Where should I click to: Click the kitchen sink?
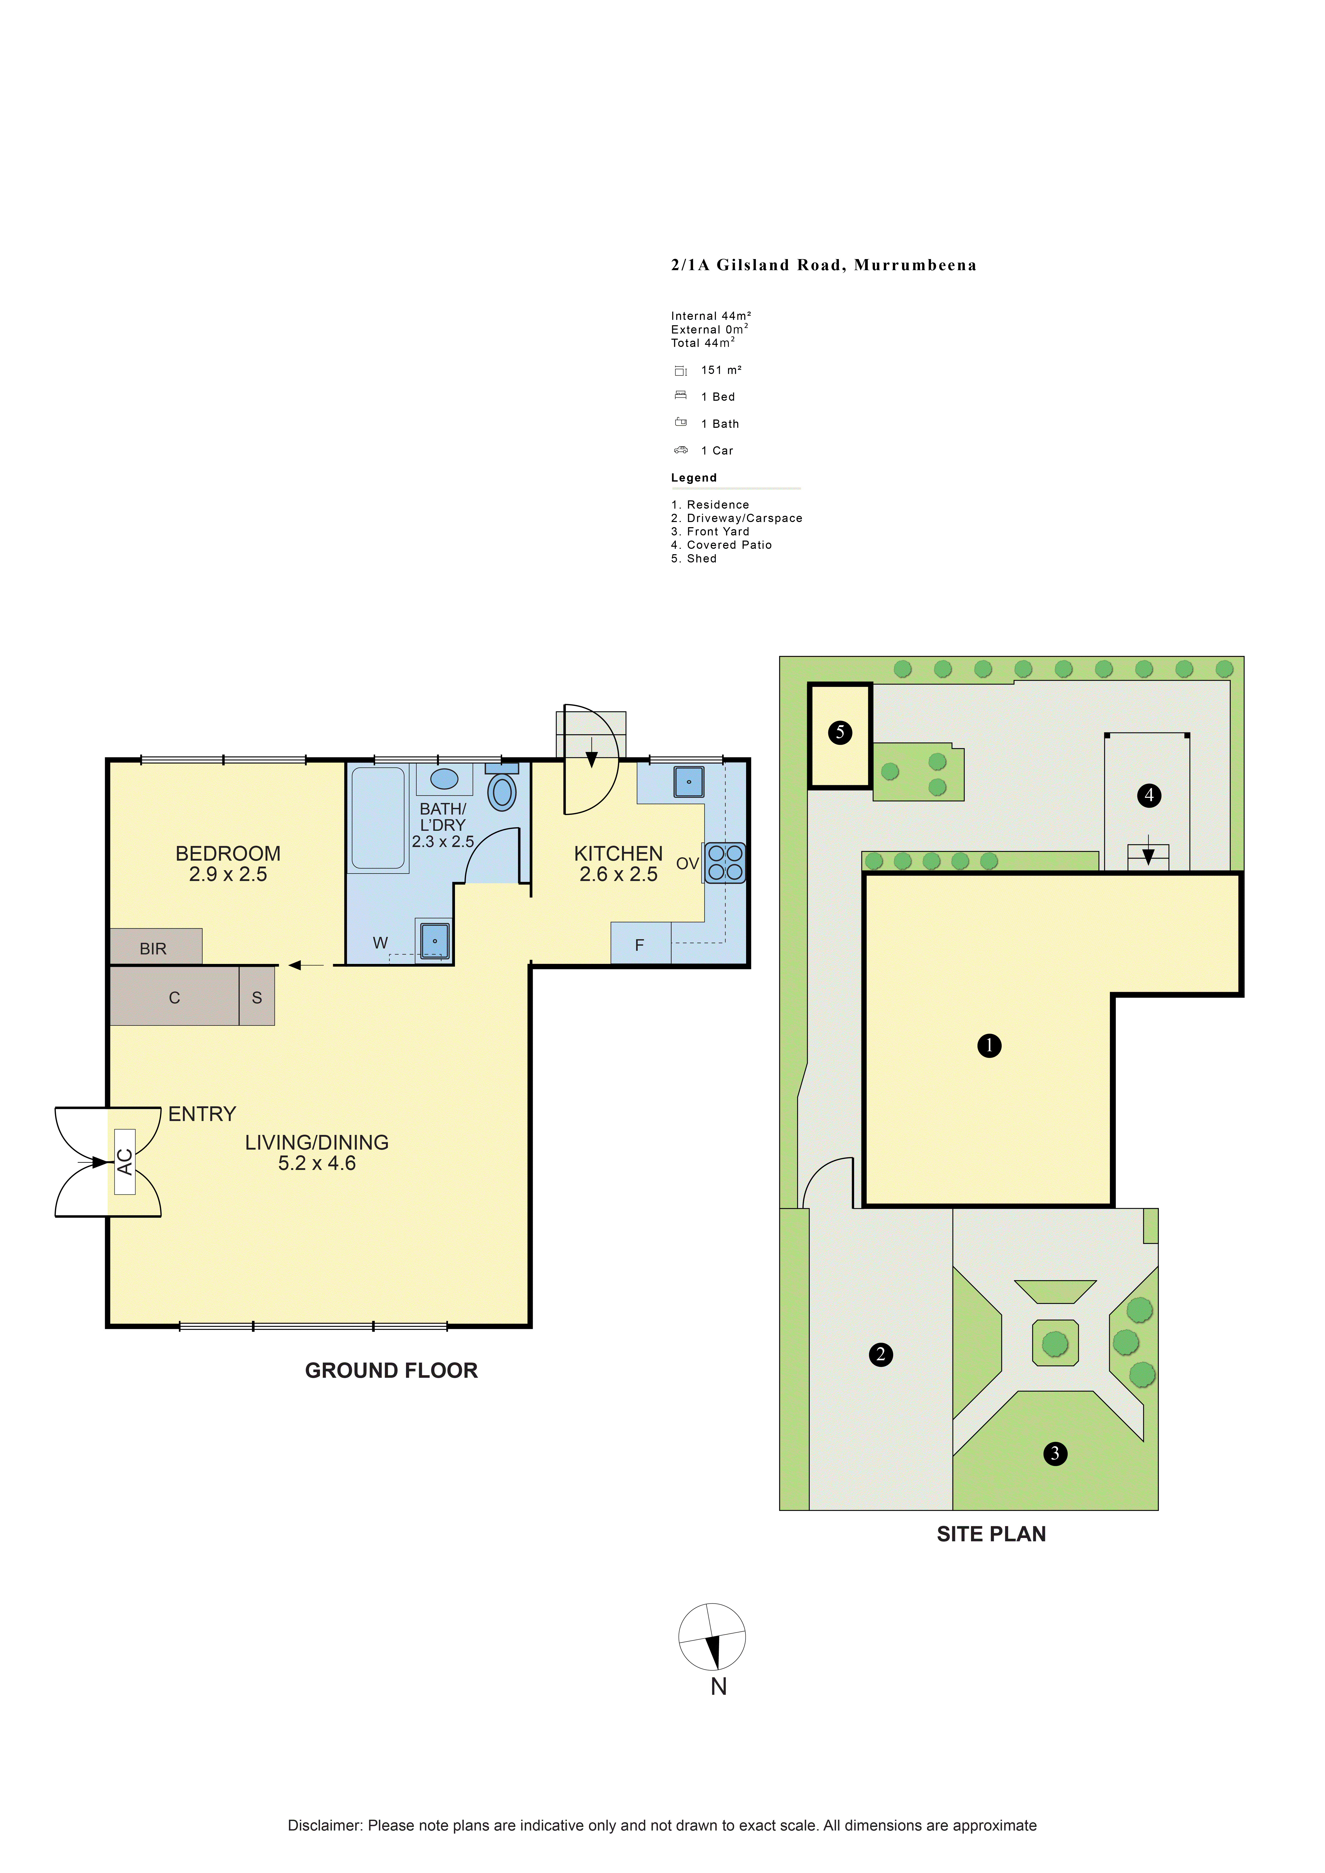click(689, 782)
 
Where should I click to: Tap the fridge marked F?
click(640, 944)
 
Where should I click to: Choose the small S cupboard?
click(257, 996)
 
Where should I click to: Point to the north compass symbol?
click(712, 1637)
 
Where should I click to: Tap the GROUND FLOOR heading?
click(392, 1371)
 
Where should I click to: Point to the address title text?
click(824, 265)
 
